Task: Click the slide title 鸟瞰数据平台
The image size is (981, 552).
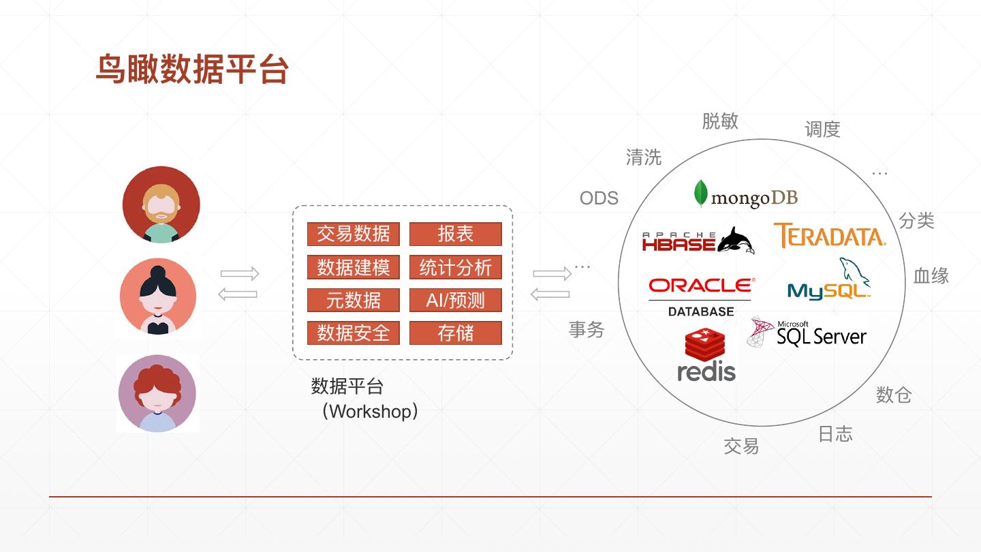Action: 192,70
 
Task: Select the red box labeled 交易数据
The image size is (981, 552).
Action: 353,234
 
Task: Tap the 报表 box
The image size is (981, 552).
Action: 455,234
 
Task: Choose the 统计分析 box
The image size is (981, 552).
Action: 455,267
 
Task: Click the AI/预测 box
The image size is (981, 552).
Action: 455,300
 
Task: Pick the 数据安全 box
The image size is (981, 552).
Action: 353,333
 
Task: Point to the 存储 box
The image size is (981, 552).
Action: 455,333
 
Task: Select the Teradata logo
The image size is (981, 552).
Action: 829,236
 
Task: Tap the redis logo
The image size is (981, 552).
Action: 706,355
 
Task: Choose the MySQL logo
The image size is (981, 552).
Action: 830,281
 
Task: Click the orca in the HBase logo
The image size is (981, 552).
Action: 735,241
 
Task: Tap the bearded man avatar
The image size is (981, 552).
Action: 161,204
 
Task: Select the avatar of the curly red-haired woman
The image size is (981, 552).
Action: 157,393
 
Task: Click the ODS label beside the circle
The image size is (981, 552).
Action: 599,198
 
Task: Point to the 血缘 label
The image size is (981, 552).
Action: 931,276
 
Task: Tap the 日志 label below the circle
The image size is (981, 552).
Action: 835,434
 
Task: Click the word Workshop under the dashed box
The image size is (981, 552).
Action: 371,412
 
